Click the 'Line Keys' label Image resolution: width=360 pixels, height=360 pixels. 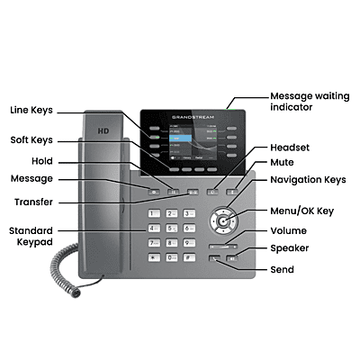tap(31, 110)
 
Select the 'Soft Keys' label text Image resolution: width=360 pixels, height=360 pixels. tap(31, 139)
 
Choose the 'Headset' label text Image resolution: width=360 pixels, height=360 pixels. tap(290, 147)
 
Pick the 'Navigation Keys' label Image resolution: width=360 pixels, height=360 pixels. tap(309, 180)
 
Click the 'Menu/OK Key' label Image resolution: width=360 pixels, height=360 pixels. tap(301, 211)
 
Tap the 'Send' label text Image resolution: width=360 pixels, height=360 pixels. tap(282, 269)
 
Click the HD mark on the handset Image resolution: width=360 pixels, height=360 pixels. tap(102, 130)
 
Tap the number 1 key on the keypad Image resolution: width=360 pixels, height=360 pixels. tap(155, 213)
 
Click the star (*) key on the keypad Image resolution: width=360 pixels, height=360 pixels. tap(155, 257)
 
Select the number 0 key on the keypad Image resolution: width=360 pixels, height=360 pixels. tap(172, 257)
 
